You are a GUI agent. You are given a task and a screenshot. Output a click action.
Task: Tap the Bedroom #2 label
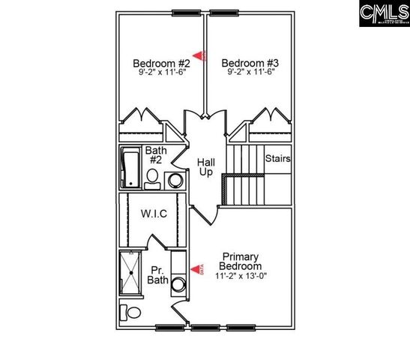[x=161, y=63]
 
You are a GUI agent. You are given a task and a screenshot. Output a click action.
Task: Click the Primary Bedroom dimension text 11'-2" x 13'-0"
[x=240, y=275]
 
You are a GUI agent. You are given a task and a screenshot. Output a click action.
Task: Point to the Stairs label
[x=277, y=159]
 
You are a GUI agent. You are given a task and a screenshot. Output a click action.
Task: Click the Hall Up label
[x=206, y=167]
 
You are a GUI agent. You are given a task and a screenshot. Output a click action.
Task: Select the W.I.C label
[x=153, y=214]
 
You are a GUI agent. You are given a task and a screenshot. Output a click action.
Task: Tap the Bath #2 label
[x=156, y=155]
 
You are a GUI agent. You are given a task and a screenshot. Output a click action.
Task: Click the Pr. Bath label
[x=157, y=275]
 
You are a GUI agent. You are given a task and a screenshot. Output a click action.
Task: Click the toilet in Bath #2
[x=152, y=178]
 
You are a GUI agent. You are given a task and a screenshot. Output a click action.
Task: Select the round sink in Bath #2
[x=175, y=180]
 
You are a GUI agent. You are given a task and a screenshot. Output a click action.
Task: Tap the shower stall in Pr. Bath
[x=132, y=273]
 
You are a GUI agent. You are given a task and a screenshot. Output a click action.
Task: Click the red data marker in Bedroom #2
[x=199, y=55]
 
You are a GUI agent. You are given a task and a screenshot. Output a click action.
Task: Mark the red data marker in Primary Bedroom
[x=199, y=269]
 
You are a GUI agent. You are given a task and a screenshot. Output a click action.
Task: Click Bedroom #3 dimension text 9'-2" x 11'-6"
[x=250, y=73]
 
